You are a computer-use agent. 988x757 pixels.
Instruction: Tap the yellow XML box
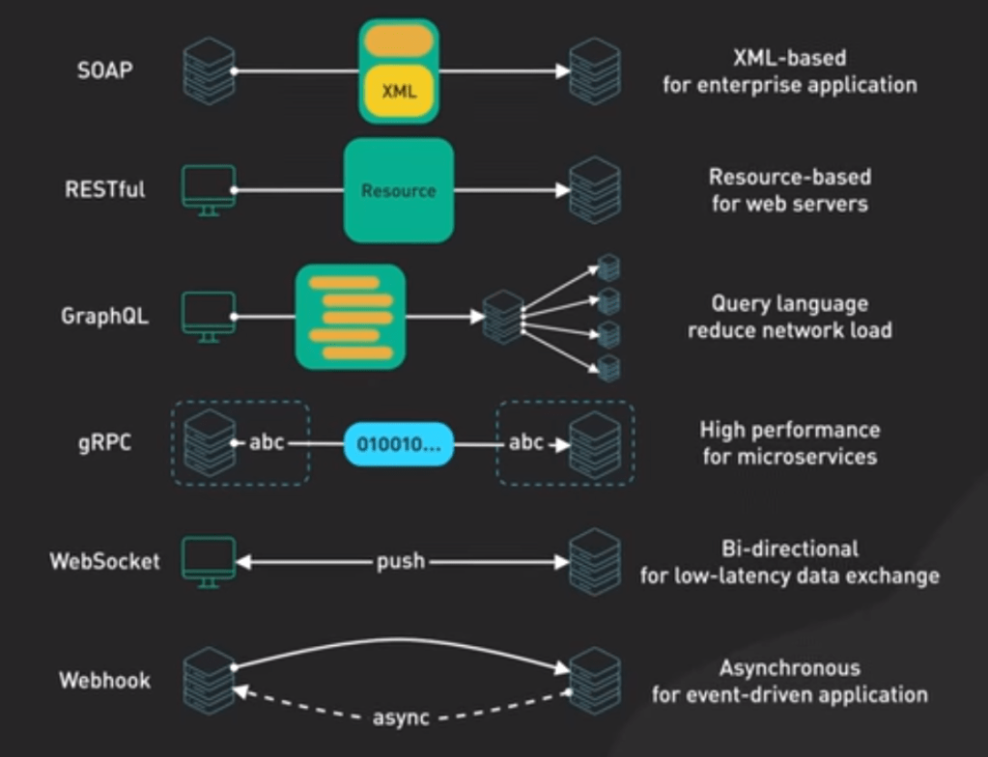pyautogui.click(x=399, y=93)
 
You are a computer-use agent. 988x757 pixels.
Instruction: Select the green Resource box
pyautogui.click(x=399, y=190)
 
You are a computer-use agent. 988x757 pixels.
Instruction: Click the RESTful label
pyautogui.click(x=105, y=189)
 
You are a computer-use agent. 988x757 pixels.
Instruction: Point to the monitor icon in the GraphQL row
pyautogui.click(x=209, y=315)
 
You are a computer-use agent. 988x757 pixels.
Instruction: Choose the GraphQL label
pyautogui.click(x=105, y=316)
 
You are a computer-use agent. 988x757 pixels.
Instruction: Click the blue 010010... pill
pyautogui.click(x=398, y=444)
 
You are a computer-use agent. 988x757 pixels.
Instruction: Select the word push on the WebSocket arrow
pyautogui.click(x=400, y=561)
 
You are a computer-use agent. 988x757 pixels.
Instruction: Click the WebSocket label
pyautogui.click(x=105, y=561)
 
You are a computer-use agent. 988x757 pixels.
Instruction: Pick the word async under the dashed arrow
pyautogui.click(x=402, y=717)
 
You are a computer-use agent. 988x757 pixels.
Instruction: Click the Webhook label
pyautogui.click(x=105, y=680)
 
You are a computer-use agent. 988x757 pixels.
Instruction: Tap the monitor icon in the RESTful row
pyautogui.click(x=209, y=188)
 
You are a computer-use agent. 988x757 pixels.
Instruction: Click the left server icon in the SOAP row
pyautogui.click(x=209, y=71)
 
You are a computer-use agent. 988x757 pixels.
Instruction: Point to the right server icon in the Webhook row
pyautogui.click(x=594, y=680)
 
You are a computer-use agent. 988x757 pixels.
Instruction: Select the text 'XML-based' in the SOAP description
pyautogui.click(x=789, y=58)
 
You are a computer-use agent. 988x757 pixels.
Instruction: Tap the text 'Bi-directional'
pyautogui.click(x=789, y=548)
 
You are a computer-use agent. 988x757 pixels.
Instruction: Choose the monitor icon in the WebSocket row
pyautogui.click(x=209, y=560)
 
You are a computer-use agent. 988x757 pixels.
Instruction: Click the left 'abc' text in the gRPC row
pyautogui.click(x=267, y=444)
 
